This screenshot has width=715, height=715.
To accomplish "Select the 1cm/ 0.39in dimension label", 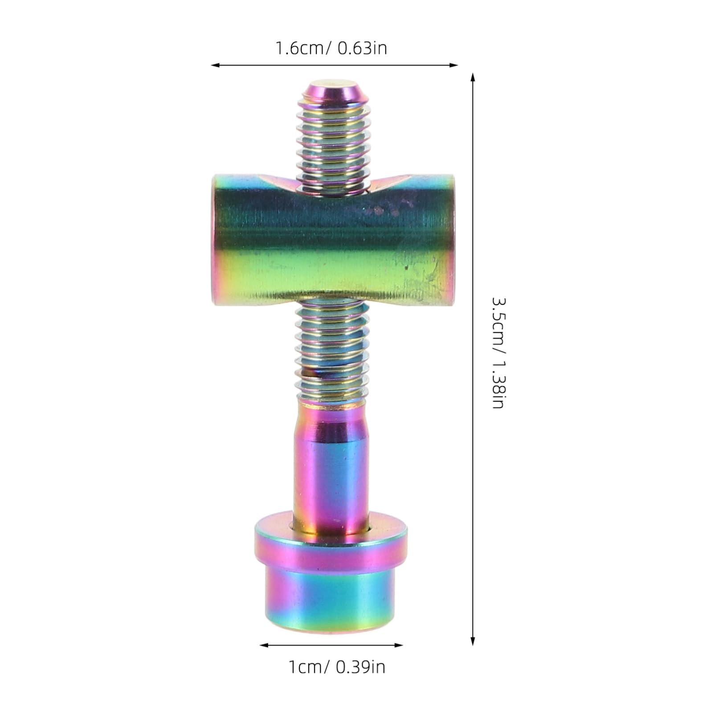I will [x=337, y=667].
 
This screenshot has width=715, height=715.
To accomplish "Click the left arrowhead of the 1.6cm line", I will [x=214, y=65].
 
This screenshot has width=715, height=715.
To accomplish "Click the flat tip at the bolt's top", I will [x=330, y=83].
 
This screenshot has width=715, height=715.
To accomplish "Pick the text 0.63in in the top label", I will [x=362, y=48].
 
